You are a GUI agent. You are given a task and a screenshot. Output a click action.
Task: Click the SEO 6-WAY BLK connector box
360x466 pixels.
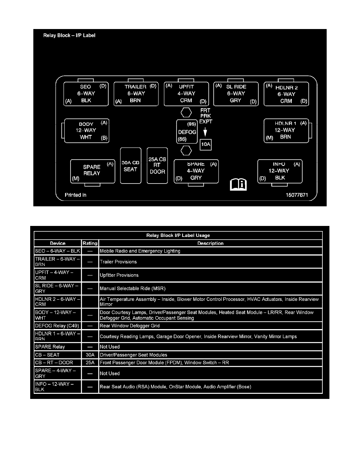click(86, 94)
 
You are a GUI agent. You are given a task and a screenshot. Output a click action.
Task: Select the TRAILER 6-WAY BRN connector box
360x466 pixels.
click(136, 94)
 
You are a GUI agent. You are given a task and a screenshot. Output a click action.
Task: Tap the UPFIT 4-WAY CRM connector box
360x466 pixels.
click(186, 94)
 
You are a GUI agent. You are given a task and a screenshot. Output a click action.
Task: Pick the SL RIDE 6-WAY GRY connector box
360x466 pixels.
click(236, 94)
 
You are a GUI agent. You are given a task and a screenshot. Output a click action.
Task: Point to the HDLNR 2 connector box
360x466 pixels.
click(286, 94)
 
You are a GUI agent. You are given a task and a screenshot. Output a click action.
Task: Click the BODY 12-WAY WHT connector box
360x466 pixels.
click(86, 130)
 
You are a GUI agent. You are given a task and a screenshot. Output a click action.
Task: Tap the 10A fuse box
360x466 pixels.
click(206, 145)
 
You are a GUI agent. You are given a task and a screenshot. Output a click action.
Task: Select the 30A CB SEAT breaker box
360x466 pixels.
click(130, 166)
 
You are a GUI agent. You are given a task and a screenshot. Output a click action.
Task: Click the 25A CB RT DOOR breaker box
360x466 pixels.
click(157, 166)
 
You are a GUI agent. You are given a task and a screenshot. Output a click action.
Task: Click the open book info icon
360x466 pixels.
click(238, 184)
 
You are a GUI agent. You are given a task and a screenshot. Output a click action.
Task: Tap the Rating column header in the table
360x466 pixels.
click(90, 243)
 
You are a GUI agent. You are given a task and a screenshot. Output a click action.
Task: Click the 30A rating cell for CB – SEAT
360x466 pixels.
click(90, 355)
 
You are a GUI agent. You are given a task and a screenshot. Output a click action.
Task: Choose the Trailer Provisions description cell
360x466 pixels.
click(210, 262)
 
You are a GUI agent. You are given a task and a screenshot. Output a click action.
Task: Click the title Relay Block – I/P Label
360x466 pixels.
click(69, 35)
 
